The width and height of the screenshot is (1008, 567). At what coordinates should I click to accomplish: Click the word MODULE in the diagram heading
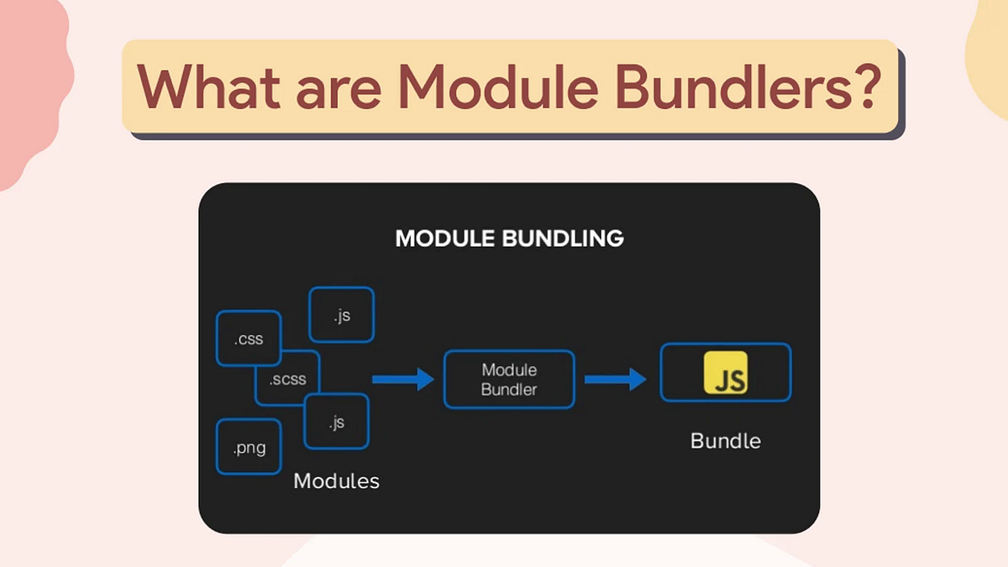click(x=445, y=239)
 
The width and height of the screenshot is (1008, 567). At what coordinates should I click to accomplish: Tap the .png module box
click(x=249, y=447)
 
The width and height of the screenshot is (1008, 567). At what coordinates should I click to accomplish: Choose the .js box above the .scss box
click(x=342, y=315)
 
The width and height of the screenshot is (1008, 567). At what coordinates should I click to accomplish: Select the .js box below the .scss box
click(x=337, y=422)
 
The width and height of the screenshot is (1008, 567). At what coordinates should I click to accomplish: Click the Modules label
click(x=336, y=481)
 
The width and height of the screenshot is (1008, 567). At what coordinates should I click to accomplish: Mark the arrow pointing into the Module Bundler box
click(x=402, y=380)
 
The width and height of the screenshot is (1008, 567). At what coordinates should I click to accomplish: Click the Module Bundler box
click(x=509, y=380)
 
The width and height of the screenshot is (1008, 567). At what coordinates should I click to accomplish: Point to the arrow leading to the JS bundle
click(x=615, y=380)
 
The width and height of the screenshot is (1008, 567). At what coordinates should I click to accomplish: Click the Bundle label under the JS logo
click(x=725, y=441)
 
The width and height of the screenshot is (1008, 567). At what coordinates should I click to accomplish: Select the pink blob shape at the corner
click(x=29, y=84)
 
